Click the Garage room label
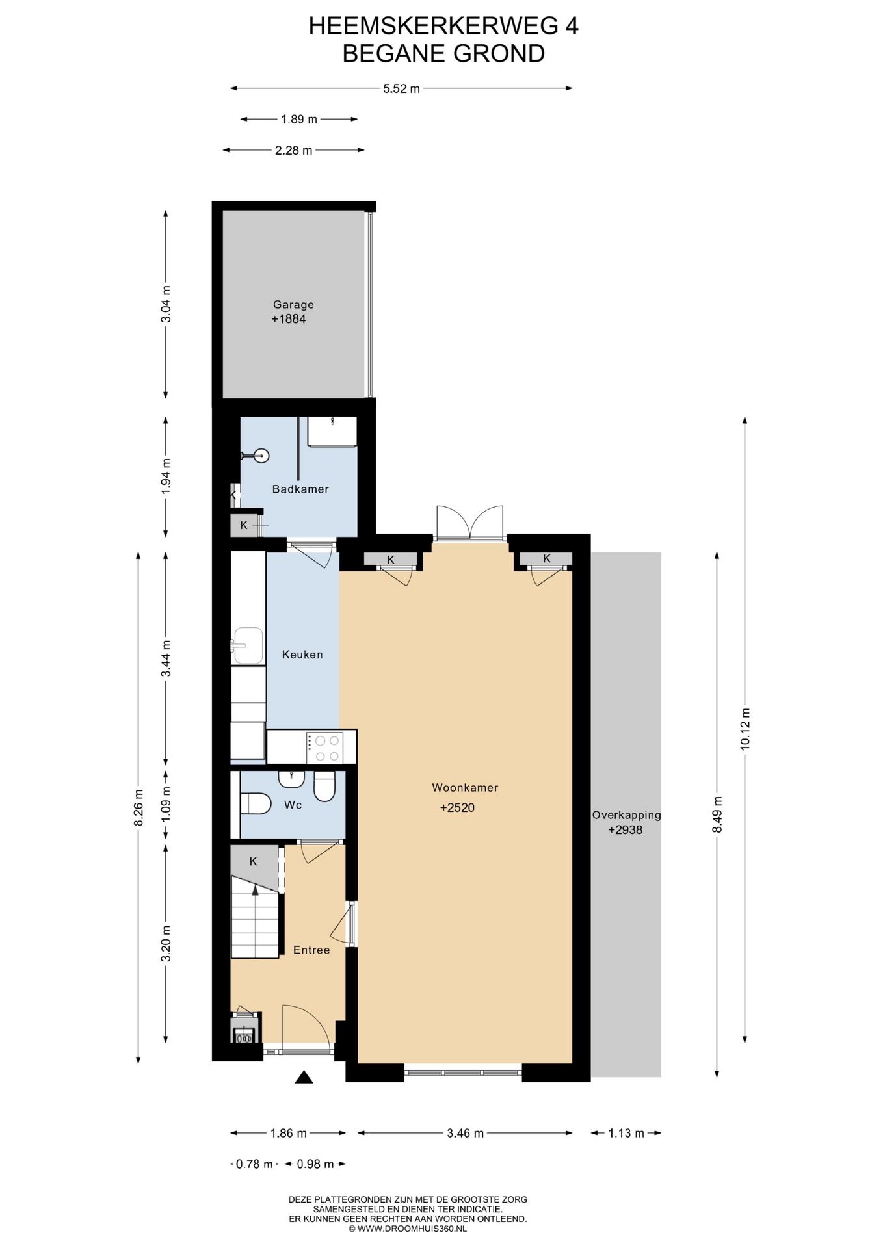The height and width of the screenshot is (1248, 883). [x=293, y=304]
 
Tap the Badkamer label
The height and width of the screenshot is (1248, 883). [x=300, y=489]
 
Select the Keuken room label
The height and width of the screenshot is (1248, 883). [x=302, y=655]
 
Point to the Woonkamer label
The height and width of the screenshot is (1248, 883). [x=465, y=787]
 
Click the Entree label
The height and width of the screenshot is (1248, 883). [x=311, y=950]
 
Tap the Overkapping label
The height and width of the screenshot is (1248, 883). [x=626, y=814]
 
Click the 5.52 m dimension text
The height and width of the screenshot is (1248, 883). [x=401, y=88]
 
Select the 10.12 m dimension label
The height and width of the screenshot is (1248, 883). [x=745, y=729]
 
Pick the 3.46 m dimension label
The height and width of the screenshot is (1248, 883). [x=466, y=1133]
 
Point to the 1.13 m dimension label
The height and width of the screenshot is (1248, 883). [x=626, y=1133]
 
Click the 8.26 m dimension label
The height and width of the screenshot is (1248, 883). [x=138, y=807]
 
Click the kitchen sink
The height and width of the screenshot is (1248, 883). [x=248, y=645]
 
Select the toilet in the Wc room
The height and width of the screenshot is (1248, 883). [x=255, y=803]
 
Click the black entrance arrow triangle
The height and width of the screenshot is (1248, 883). [x=304, y=1077]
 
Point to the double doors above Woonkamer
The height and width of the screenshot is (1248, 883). [x=469, y=522]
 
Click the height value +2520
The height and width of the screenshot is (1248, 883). [x=457, y=807]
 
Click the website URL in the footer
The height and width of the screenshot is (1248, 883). [x=412, y=1228]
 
